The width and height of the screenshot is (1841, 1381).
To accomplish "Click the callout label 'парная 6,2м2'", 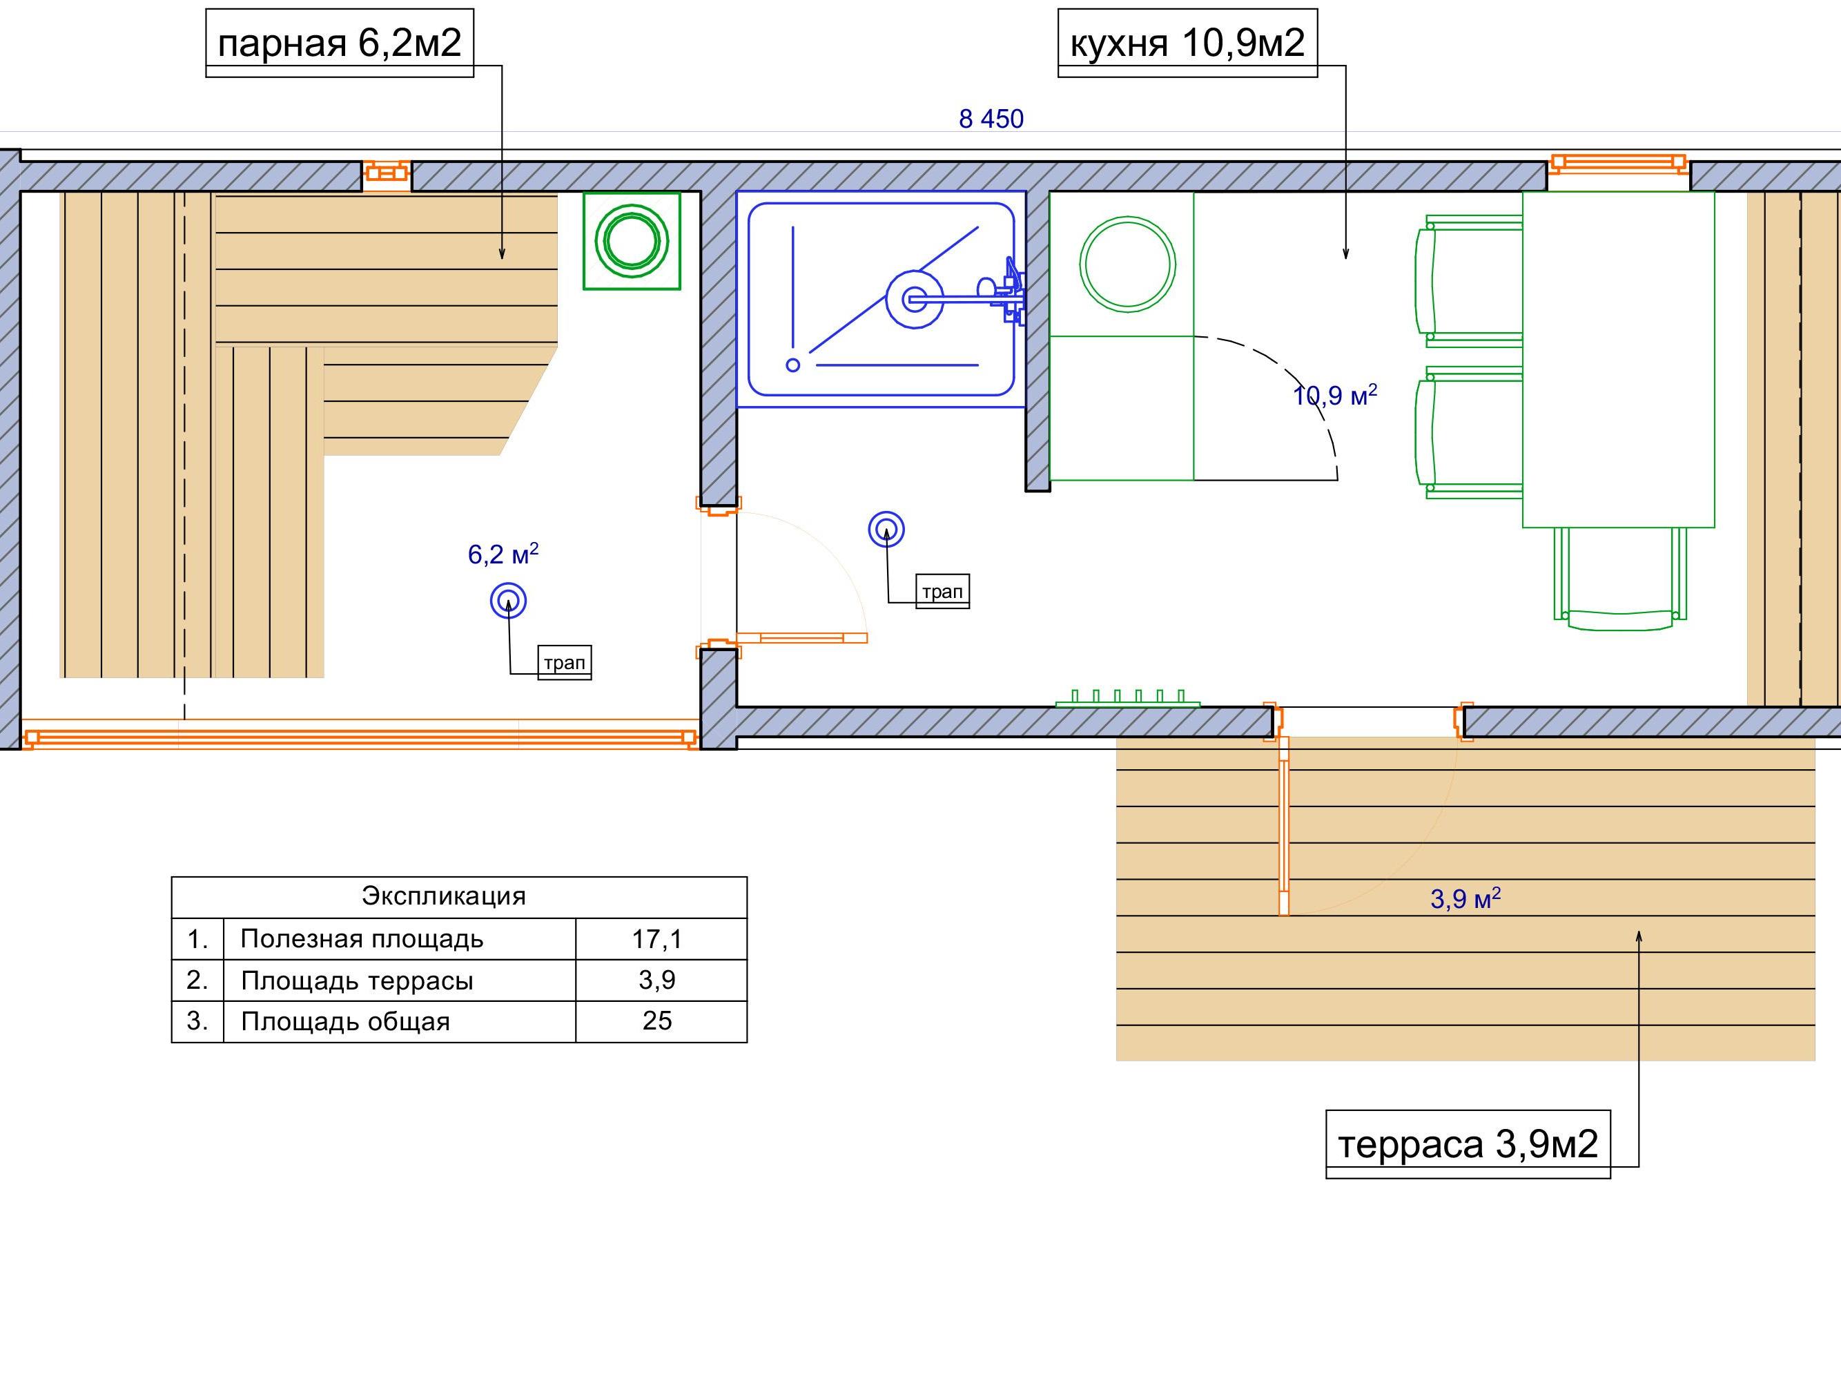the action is pos(340,42).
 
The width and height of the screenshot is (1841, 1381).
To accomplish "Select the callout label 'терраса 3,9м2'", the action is pos(1468,1143).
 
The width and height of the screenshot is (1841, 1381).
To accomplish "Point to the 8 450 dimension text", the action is pos(991,119).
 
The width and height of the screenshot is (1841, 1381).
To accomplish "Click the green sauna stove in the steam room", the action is pos(632,240).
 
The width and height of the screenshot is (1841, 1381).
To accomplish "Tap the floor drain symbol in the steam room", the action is pos(509,600).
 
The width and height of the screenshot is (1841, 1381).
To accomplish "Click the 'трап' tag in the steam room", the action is pos(564,663).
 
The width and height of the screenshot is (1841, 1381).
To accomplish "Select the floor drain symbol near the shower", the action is pos(886,530).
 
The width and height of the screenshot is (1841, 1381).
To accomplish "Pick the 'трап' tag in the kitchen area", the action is pos(942,591).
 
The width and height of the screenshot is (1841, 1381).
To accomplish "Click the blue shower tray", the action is pos(881,300).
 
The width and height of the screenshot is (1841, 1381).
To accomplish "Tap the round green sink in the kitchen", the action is pos(1128,264).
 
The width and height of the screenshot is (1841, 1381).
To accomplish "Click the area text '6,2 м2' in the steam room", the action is pos(503,554).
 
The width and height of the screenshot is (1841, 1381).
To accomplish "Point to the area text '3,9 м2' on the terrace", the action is pos(1465,898).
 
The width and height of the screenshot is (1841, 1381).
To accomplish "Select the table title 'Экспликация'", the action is pos(444,896).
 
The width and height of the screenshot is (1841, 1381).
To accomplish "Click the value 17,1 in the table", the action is pos(656,939).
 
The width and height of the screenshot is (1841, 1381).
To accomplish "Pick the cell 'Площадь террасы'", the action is pos(357,981).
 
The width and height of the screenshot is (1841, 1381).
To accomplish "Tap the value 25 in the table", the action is pos(656,1021).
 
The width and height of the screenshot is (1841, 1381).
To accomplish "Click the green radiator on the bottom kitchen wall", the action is pos(1128,698).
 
